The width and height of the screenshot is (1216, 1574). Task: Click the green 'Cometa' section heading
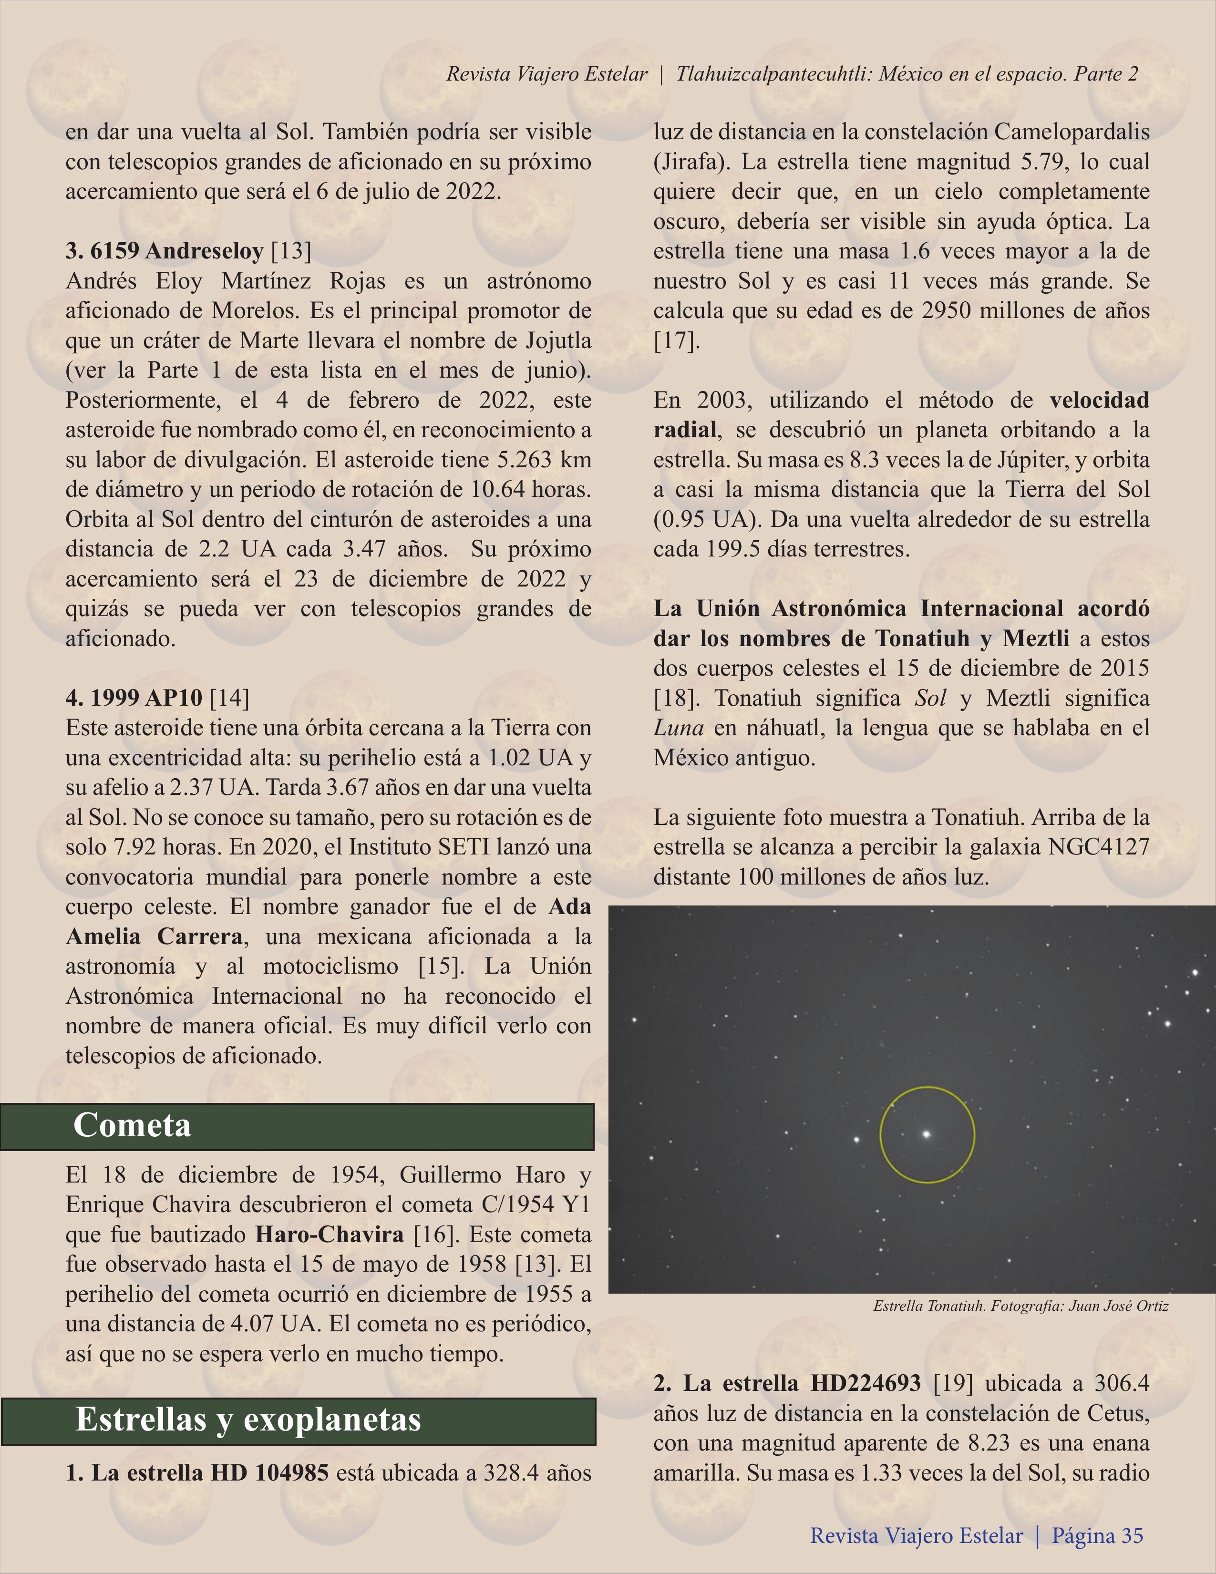(133, 1125)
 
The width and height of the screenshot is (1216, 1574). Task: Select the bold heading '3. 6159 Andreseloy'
(165, 251)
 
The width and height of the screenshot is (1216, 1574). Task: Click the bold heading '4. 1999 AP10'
(135, 698)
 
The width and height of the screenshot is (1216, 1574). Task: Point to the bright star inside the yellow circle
(927, 1134)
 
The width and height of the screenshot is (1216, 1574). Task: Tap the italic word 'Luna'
(678, 728)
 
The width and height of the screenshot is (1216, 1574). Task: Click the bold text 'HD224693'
(866, 1383)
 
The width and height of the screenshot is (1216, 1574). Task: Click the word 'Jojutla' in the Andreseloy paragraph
(548, 340)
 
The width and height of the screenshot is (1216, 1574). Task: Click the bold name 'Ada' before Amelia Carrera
(569, 906)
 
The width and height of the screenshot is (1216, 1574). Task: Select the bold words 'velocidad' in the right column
(1099, 400)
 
